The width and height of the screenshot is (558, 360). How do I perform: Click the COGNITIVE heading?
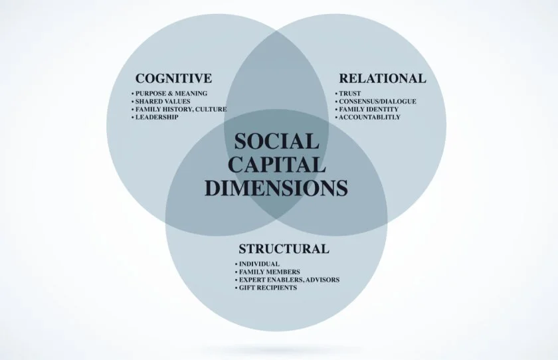tap(173, 78)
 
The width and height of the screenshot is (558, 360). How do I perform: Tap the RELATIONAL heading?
tap(382, 78)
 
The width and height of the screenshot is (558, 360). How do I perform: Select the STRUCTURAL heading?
tap(284, 250)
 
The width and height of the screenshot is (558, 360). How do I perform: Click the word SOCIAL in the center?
tap(276, 141)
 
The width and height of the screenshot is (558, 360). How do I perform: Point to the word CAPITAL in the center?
tap(276, 164)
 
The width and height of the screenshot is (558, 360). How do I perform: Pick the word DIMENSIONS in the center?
tap(276, 187)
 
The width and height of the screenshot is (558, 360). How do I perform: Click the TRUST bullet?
tap(349, 93)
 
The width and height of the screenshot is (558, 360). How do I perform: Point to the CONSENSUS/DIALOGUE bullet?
tap(377, 101)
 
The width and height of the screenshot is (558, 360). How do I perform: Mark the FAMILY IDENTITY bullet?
tap(369, 109)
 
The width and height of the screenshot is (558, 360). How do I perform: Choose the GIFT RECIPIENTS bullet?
tap(268, 288)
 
